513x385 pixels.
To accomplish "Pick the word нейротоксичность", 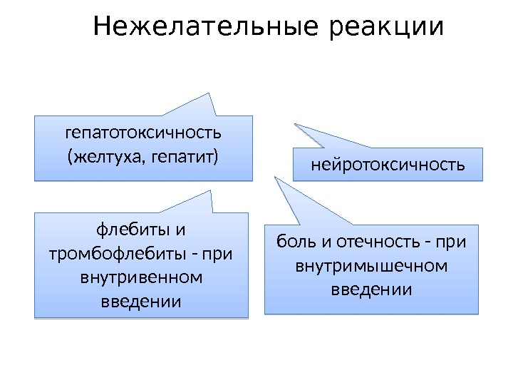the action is click(388, 165).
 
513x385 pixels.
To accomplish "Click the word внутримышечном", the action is click(371, 266).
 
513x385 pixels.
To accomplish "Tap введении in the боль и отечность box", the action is click(371, 289).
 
